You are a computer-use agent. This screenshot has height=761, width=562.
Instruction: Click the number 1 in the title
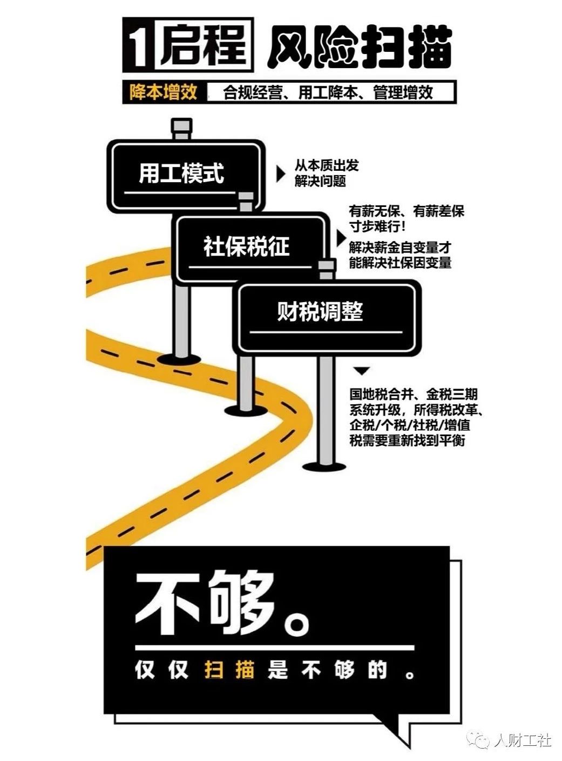click(139, 46)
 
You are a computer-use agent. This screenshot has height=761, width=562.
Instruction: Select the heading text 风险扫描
click(359, 48)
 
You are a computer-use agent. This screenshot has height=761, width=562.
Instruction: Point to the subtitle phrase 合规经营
click(252, 93)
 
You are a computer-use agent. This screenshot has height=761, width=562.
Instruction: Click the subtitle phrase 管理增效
click(403, 93)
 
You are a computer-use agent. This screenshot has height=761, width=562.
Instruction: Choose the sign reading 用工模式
click(181, 173)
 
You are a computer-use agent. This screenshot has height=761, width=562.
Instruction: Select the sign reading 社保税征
click(246, 246)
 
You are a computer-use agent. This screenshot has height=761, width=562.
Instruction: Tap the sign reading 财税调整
click(320, 312)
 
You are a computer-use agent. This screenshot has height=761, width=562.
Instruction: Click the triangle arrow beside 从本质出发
click(281, 173)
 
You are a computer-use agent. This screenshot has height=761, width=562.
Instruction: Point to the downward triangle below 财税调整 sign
click(362, 371)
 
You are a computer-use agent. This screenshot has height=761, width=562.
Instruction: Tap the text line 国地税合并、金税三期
click(413, 394)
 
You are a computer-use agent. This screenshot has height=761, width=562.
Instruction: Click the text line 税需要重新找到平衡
click(407, 440)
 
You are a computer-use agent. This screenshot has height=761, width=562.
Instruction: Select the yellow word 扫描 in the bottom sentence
click(229, 670)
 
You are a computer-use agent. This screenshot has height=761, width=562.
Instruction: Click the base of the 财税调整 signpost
click(324, 466)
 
